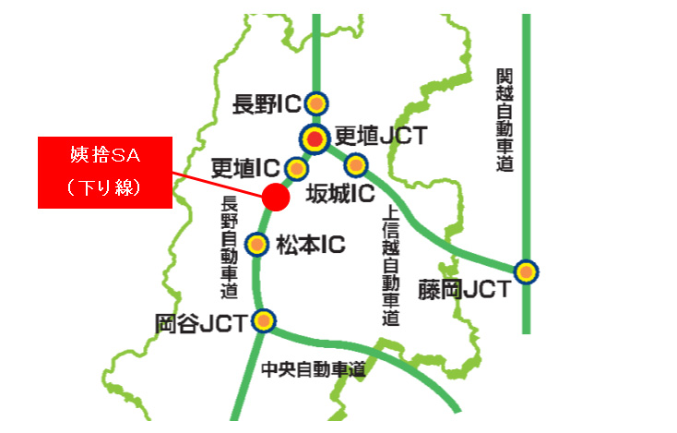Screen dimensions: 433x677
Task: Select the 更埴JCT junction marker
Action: (315, 139)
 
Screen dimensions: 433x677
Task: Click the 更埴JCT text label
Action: (380, 137)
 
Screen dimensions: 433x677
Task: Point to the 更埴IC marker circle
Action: (296, 168)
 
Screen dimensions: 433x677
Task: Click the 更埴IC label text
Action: (244, 168)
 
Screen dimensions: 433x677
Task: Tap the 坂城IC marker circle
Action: (356, 166)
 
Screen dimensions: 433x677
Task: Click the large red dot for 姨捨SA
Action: (275, 196)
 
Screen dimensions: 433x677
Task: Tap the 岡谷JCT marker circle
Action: (264, 320)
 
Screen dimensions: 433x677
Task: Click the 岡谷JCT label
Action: (202, 323)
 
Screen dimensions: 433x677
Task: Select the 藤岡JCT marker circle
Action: (526, 272)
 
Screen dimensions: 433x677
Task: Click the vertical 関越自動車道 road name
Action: (504, 120)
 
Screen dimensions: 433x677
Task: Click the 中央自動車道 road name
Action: (314, 370)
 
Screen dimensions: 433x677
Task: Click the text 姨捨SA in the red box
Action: (103, 152)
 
